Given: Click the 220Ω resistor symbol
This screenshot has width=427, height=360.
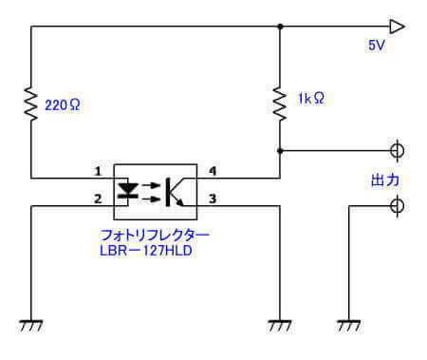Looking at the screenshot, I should [30, 101].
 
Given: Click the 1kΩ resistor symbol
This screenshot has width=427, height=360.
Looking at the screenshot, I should [280, 100].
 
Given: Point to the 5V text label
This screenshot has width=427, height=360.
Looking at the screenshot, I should [378, 46].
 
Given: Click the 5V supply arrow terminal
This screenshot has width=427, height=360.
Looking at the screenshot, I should [398, 27].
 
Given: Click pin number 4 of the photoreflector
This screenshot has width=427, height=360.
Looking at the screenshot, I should [213, 171].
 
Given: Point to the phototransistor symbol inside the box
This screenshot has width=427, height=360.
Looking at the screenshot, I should [176, 189].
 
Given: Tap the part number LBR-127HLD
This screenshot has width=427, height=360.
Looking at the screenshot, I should [153, 250].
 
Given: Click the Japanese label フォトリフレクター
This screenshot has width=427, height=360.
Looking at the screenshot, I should [154, 234].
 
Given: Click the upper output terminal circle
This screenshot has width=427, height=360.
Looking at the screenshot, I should [398, 150].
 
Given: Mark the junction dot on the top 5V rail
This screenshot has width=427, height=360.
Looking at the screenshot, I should [280, 27].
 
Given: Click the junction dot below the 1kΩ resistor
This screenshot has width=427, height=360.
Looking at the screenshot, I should [280, 150].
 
